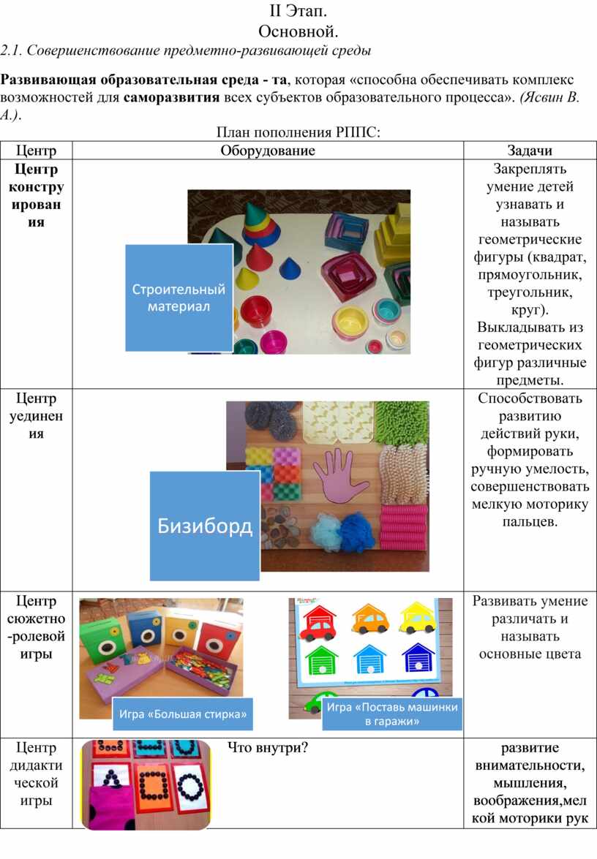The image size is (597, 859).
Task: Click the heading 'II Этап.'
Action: coord(298,11)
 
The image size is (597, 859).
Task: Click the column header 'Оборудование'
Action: coord(268,151)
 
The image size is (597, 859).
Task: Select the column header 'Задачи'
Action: coord(530,151)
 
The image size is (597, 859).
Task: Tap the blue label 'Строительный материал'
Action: coord(179,298)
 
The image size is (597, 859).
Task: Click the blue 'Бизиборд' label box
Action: coord(204,526)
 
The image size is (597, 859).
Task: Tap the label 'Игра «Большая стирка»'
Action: coord(183,714)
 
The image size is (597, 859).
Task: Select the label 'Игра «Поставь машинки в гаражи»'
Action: coord(392,714)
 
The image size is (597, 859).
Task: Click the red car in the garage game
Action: coord(319,622)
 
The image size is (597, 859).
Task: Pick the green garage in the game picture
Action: coord(321,659)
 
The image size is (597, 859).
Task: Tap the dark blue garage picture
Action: coord(419,656)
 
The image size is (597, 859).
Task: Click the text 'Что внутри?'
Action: coord(268,747)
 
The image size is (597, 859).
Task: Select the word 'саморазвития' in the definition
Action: coord(171,97)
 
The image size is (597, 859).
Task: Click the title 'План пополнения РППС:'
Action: coord(298,132)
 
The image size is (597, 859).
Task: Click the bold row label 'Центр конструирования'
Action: coord(36,195)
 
